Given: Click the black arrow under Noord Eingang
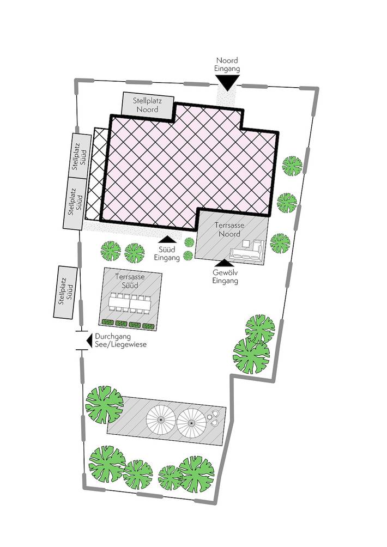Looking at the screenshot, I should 227,82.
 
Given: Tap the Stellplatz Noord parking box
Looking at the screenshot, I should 148,105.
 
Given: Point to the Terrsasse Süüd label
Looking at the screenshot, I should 130,281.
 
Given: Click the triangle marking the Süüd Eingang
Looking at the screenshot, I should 167,239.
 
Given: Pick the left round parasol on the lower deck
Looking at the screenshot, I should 161,420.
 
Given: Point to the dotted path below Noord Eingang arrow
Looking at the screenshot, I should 227,99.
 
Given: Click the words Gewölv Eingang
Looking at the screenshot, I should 225,277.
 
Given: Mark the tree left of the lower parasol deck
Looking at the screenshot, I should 104,403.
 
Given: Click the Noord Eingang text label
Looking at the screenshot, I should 227,65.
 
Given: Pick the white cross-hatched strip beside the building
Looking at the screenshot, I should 98,172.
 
